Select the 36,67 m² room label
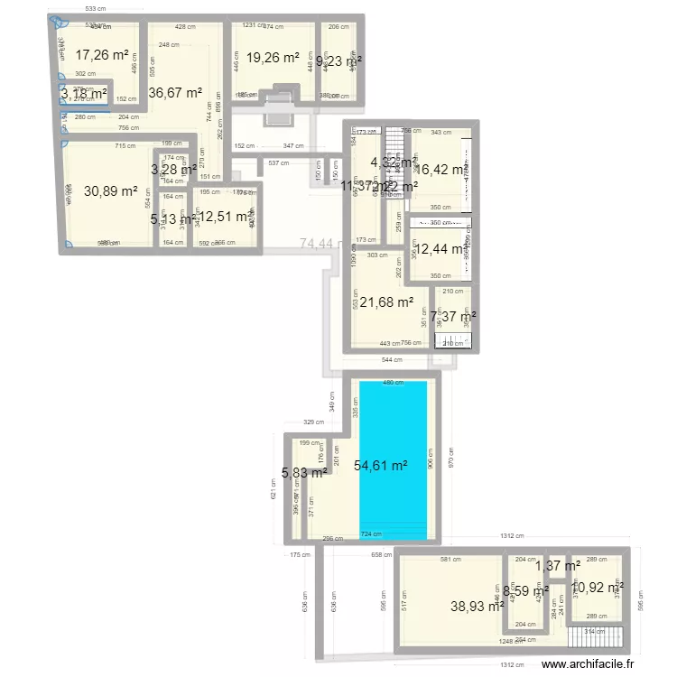[175, 92]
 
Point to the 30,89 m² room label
[110, 191]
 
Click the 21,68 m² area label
[386, 302]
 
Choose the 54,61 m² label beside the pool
[380, 466]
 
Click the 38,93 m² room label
[477, 607]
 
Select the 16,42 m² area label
[441, 169]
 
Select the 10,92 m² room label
[598, 588]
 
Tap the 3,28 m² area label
[173, 169]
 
